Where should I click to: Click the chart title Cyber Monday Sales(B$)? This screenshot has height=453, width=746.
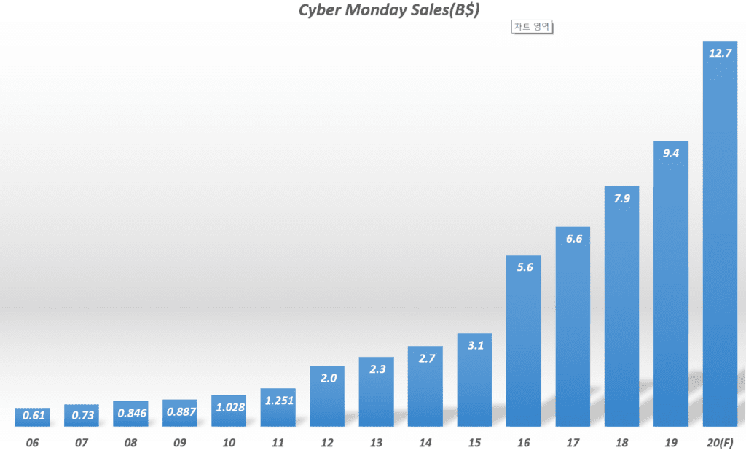388,11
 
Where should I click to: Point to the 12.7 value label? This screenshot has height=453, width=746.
720,52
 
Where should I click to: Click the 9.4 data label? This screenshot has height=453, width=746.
671,153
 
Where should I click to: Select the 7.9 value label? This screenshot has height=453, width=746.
621,199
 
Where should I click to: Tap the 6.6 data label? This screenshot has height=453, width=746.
573,238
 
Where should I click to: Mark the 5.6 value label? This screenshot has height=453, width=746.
523,267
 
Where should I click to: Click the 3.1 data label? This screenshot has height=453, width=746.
474,344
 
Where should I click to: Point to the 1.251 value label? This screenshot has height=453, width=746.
278,400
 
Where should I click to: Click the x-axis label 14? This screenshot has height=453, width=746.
425,442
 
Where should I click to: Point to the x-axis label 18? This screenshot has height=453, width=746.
621,442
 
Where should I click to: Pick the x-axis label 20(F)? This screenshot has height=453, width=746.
720,442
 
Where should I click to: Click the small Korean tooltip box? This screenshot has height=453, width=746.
533,27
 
